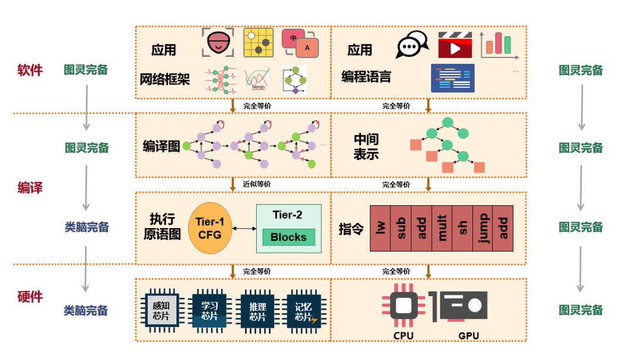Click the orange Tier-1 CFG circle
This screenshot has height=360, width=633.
pyautogui.click(x=209, y=228)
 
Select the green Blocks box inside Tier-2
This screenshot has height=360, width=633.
pyautogui.click(x=288, y=237)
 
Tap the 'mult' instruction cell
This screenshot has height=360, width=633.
pyautogui.click(x=441, y=228)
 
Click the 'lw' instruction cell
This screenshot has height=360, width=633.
pyautogui.click(x=379, y=228)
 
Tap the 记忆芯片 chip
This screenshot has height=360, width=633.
pyautogui.click(x=303, y=309)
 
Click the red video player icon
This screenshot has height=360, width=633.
pyautogui.click(x=455, y=45)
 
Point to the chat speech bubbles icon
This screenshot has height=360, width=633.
pyautogui.click(x=413, y=44)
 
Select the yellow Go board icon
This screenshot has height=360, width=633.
pyautogui.click(x=258, y=42)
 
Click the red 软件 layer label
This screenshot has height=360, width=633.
pyautogui.click(x=30, y=70)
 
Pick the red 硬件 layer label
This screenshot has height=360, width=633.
pyautogui.click(x=30, y=296)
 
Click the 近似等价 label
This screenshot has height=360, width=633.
pyautogui.click(x=257, y=184)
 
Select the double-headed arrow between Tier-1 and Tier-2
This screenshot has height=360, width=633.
pyautogui.click(x=243, y=229)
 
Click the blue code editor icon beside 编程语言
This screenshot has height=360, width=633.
pyautogui.click(x=452, y=78)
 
